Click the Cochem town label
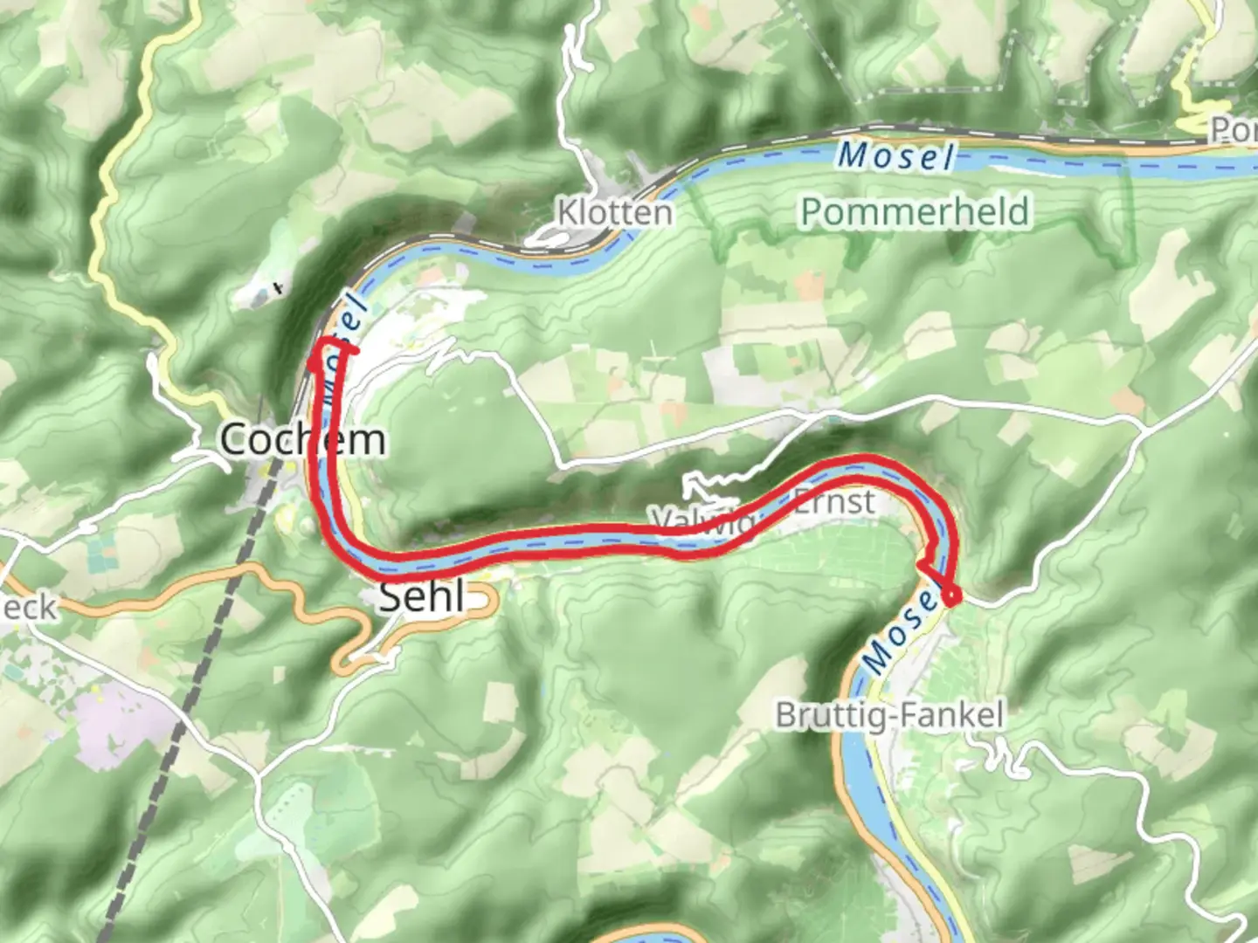point(301,438)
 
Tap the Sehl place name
point(422,597)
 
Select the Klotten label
point(615,212)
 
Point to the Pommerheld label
point(915,211)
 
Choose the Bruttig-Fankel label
point(889,715)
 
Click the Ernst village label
point(833,502)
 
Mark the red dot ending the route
point(950,597)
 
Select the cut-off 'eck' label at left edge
point(28,607)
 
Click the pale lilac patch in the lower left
point(122,725)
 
